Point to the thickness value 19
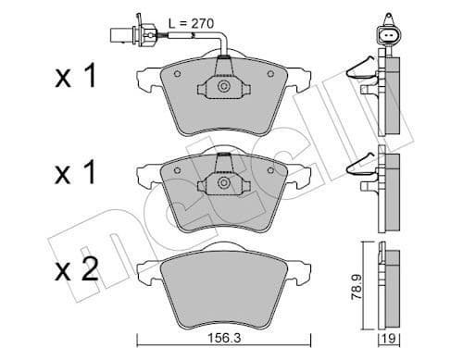coord(391,338)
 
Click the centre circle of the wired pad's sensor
coord(223,86)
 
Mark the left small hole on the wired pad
coord(178,73)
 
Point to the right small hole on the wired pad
coord(269,73)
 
